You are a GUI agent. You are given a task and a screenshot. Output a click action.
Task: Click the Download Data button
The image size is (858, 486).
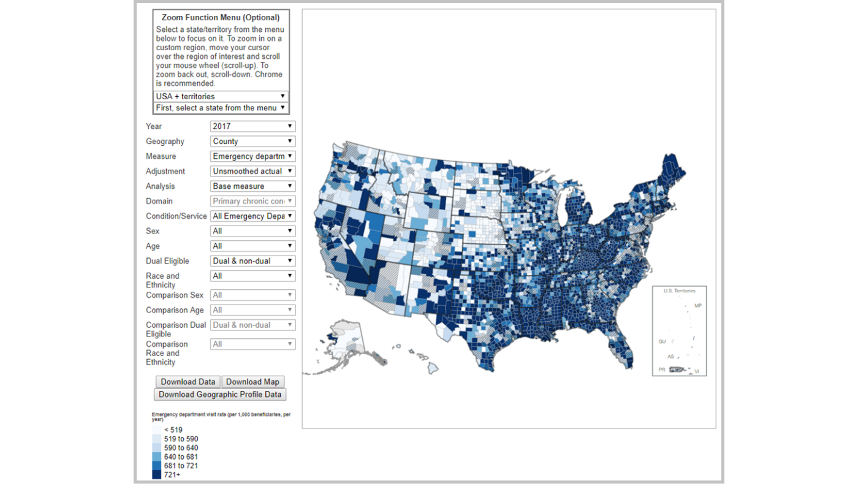click(x=188, y=382)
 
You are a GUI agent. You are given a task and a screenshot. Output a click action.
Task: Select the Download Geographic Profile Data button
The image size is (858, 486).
click(x=220, y=395)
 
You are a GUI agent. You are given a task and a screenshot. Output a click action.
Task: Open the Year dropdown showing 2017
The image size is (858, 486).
click(x=252, y=126)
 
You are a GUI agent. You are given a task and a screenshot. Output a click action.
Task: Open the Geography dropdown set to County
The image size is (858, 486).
click(x=252, y=142)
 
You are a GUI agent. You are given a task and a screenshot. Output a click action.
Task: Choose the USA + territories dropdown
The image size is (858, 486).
click(x=221, y=96)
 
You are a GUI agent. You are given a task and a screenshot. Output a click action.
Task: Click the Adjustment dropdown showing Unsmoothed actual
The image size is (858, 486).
click(x=252, y=172)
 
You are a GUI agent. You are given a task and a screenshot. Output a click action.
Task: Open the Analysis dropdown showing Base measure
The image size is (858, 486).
click(x=252, y=186)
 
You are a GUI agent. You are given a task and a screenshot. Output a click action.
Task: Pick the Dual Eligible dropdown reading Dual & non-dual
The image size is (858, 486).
click(x=252, y=261)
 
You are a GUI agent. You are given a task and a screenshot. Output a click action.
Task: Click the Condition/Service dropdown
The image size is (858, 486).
click(x=252, y=216)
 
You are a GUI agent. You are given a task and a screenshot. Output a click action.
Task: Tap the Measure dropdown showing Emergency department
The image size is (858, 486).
click(x=252, y=156)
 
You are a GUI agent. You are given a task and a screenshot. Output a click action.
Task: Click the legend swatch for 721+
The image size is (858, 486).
click(x=157, y=475)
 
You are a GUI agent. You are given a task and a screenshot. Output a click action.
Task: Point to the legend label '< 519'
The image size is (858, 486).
click(x=173, y=430)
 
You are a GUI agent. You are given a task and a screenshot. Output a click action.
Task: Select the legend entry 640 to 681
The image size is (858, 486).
click(x=180, y=457)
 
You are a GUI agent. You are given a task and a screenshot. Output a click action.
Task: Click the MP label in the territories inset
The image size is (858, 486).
click(x=697, y=306)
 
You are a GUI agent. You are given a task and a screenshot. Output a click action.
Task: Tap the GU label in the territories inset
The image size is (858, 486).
click(x=662, y=341)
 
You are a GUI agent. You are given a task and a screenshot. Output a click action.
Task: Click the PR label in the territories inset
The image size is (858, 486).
click(x=662, y=370)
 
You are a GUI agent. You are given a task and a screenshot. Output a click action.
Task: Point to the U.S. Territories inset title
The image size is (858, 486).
click(x=679, y=291)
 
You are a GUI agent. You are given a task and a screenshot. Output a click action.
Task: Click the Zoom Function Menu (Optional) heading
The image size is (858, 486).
click(x=221, y=18)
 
